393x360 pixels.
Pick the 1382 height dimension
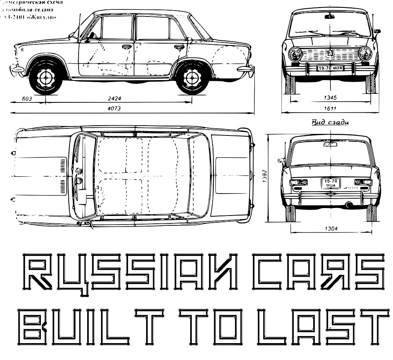point(265,176)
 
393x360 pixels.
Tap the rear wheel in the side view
point(192,77)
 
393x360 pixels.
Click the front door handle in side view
point(127,47)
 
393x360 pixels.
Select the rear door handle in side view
point(180,47)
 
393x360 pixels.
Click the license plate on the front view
point(331,68)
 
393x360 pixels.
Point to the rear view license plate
point(331,183)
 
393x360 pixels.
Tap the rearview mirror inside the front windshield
point(330,16)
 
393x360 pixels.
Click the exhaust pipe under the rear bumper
point(348,205)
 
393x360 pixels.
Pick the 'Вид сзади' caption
point(330,122)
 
